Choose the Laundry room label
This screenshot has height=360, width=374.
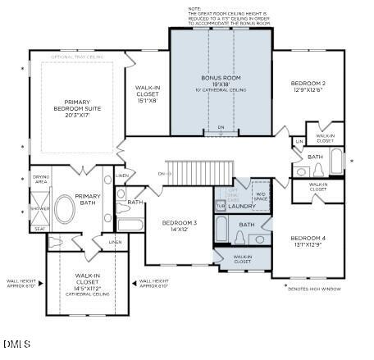241,206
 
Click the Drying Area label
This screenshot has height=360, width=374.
41,179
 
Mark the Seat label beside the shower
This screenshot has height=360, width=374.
39,229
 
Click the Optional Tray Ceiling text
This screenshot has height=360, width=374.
77,57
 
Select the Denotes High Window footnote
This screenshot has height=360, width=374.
319,289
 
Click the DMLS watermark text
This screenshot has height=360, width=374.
16,343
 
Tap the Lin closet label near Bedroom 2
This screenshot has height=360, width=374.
299,142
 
